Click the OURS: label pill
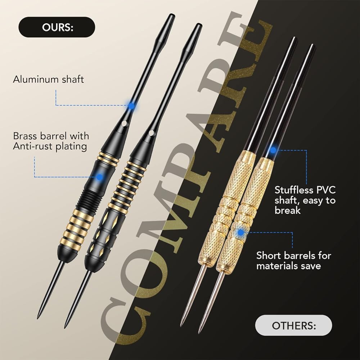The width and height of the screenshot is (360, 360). click(x=57, y=27)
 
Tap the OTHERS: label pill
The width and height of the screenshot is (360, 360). click(x=293, y=325)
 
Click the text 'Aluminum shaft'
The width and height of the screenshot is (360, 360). click(x=49, y=80)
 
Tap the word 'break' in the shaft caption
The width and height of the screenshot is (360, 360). click(x=287, y=210)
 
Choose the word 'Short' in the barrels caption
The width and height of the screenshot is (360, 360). click(x=269, y=256)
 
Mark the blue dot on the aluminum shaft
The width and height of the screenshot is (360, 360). click(x=131, y=106)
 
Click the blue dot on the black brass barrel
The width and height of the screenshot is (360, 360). click(x=99, y=177)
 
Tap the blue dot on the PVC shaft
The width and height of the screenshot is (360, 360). click(x=273, y=150)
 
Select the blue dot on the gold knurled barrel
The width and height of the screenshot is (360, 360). click(x=240, y=232)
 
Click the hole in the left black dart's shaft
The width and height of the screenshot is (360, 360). click(x=125, y=123)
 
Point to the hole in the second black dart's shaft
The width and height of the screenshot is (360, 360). click(x=151, y=133)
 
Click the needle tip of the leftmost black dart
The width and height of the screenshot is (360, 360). click(x=38, y=318)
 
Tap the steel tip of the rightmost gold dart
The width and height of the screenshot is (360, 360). click(x=199, y=332)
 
